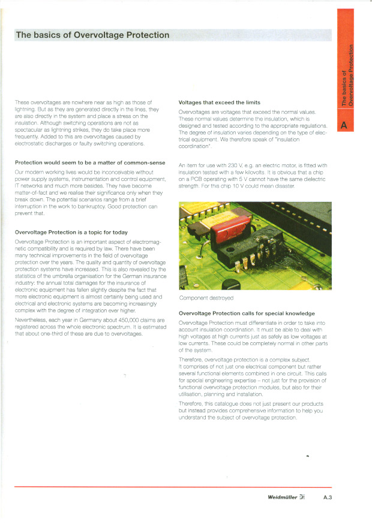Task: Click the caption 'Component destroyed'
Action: point(206,298)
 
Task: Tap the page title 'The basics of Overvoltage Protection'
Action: point(93,35)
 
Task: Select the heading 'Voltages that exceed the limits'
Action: point(220,103)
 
